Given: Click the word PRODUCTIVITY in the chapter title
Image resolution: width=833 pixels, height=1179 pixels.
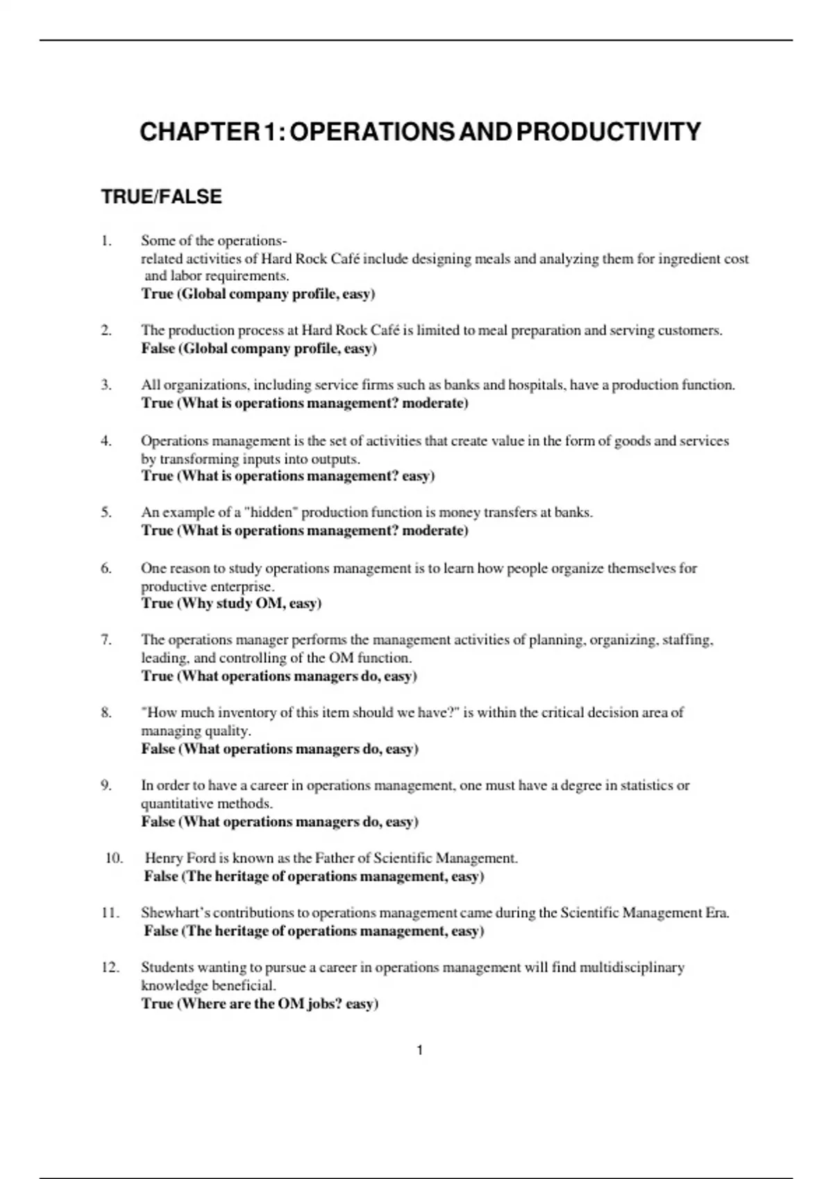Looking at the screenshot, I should point(609,132).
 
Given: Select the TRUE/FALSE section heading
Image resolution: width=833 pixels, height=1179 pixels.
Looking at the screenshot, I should point(161,197).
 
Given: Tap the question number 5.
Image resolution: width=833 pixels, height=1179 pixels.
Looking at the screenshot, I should point(106,513).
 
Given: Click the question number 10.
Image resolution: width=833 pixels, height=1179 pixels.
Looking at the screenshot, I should point(114,858).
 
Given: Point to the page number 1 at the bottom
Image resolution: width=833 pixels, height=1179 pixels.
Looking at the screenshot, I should point(419,1051).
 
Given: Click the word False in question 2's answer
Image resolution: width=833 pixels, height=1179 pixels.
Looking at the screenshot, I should point(158,348).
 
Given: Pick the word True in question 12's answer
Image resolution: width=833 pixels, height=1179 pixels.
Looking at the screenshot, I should point(157,1004).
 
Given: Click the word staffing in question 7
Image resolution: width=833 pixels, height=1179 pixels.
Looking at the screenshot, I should point(688,639).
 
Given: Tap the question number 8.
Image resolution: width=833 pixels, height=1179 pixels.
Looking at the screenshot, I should point(106,712).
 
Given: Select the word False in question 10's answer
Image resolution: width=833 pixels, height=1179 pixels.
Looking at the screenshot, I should point(161,876).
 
